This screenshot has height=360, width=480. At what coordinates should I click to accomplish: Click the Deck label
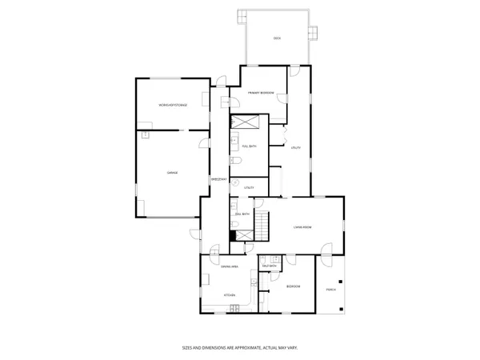pyautogui.click(x=277, y=38)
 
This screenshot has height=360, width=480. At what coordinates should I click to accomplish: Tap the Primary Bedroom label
pyautogui.click(x=261, y=93)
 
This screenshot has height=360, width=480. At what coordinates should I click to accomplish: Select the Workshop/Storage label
pyautogui.click(x=172, y=106)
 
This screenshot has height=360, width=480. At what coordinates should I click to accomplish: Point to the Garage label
pyautogui.click(x=171, y=173)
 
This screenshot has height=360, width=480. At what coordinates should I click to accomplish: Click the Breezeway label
pyautogui.click(x=217, y=179)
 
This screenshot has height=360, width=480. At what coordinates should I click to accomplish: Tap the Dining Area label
pyautogui.click(x=230, y=266)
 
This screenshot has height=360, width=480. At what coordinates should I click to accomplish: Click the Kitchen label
pyautogui.click(x=230, y=295)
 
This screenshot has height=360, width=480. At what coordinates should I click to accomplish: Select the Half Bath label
pyautogui.click(x=269, y=266)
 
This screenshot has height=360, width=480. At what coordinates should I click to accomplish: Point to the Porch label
pyautogui.click(x=330, y=289)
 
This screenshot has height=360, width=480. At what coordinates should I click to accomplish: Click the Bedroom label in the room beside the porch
pyautogui.click(x=293, y=286)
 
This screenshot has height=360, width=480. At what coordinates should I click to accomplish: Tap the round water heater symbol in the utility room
pyautogui.click(x=236, y=182)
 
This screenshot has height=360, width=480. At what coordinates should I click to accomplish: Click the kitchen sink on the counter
pyautogui.click(x=254, y=282)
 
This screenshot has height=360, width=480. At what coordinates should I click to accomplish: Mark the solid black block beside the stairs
pyautogui.click(x=233, y=235)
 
